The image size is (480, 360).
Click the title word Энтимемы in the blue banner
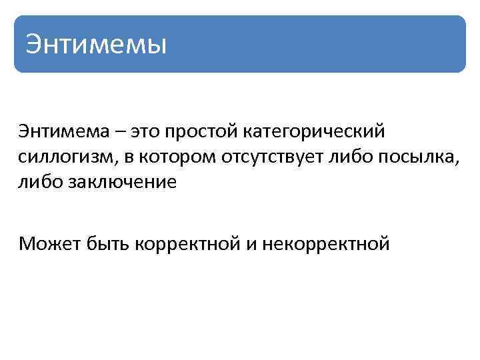coord(95,45)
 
